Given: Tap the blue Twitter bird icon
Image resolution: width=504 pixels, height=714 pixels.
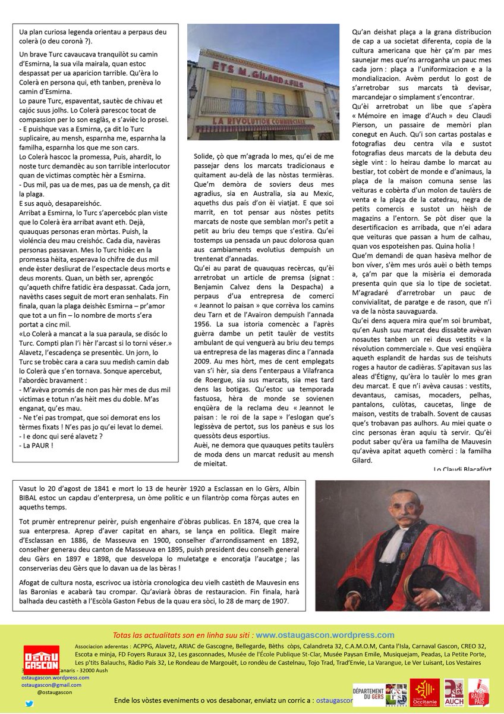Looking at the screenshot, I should point(30,703).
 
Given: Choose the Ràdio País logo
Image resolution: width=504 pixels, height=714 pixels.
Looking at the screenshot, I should point(481,694).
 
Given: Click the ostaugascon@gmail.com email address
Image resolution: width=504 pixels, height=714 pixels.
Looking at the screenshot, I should point(51,685).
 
